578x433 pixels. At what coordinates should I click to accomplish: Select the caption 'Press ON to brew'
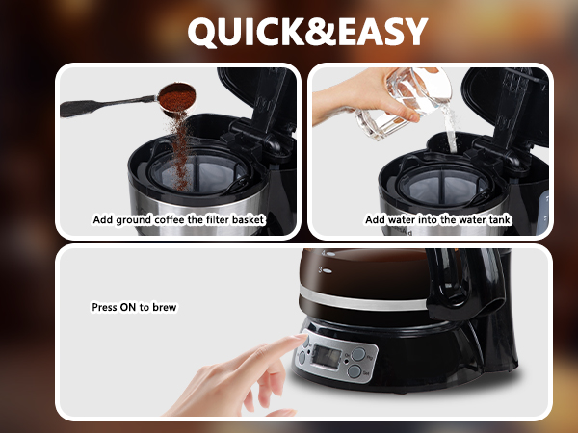pyautogui.click(x=134, y=307)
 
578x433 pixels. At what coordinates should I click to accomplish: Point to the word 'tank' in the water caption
pyautogui.click(x=497, y=220)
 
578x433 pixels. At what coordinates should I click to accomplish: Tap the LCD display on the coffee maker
pyautogui.click(x=325, y=359)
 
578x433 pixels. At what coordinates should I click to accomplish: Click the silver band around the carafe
pyautogui.click(x=385, y=298)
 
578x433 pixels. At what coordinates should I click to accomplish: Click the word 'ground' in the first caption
pyautogui.click(x=141, y=220)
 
